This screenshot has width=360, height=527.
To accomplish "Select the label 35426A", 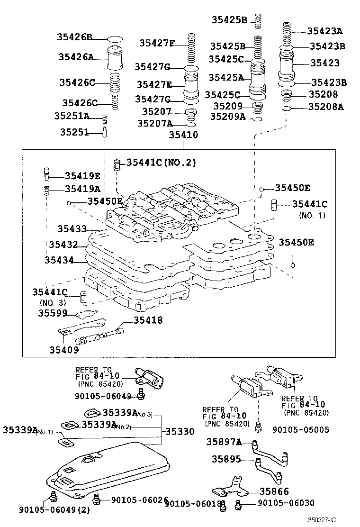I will click(76, 57).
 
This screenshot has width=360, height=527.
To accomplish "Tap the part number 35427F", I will click(157, 43).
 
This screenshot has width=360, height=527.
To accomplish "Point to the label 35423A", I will click(324, 31).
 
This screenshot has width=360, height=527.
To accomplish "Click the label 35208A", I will click(325, 107).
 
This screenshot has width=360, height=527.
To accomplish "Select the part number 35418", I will click(148, 320).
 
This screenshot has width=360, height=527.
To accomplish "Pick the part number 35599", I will click(54, 313).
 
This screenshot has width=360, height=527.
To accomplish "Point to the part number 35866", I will click(274, 492).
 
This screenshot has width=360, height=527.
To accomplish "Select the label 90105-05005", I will click(301, 430).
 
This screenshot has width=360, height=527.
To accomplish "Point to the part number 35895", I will click(226, 459).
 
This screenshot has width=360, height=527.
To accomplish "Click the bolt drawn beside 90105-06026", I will click(98, 498).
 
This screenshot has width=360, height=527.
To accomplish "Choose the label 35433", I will click(72, 228).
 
